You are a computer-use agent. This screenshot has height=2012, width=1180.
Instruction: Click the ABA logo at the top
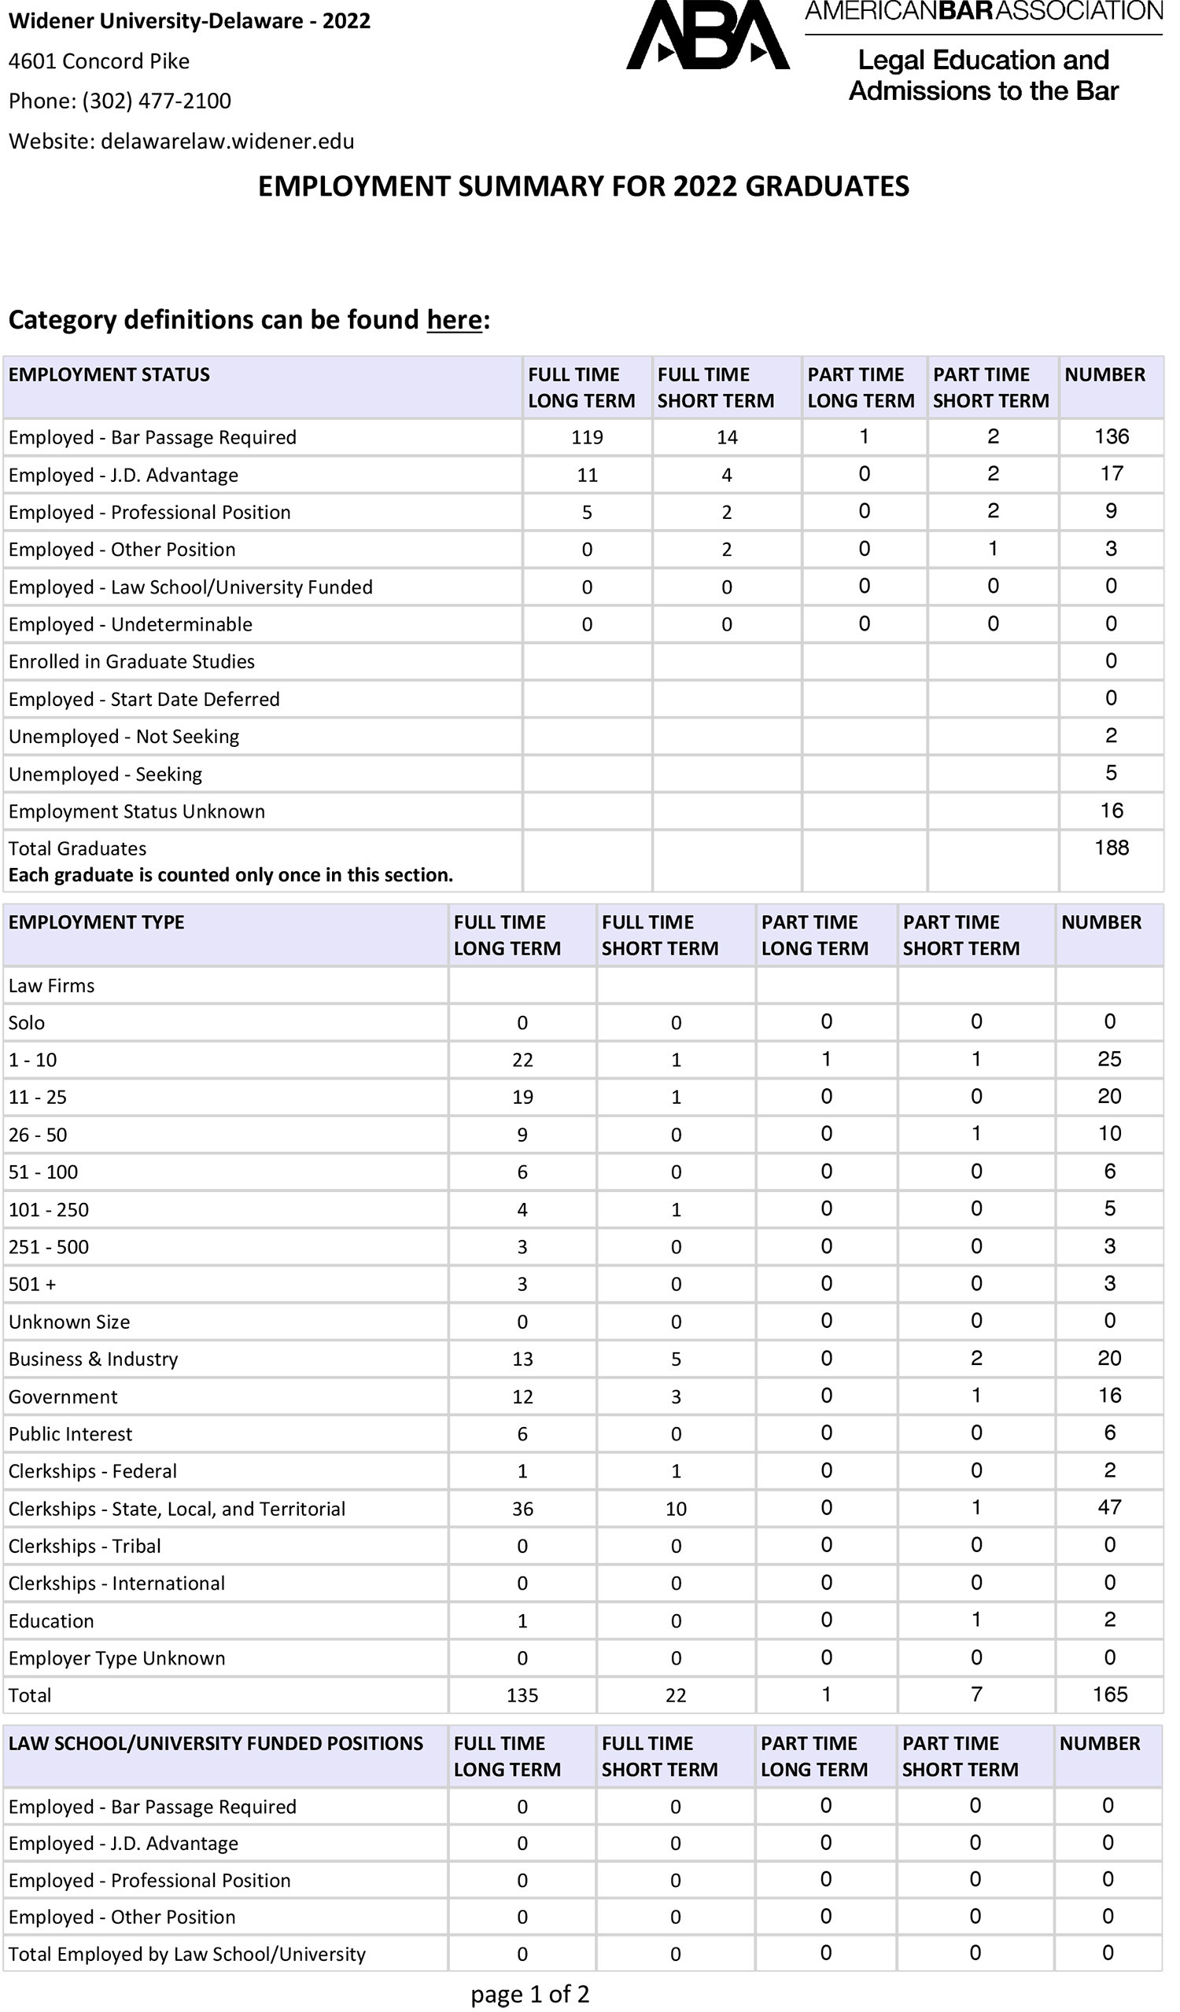[x=707, y=35]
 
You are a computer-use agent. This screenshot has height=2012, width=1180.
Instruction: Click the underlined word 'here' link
[x=454, y=320]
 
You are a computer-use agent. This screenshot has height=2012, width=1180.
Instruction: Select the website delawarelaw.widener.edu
[x=227, y=142]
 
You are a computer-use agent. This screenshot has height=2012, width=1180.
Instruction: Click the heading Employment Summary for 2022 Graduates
[x=583, y=187]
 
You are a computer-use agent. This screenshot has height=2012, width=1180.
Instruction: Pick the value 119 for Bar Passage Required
[x=586, y=437]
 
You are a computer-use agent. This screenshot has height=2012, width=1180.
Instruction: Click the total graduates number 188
[x=1112, y=848]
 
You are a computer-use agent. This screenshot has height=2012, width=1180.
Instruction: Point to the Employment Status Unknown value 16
[x=1112, y=811]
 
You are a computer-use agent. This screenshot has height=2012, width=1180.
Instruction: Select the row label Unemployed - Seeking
[x=105, y=774]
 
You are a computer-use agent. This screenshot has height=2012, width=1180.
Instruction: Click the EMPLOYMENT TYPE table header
[x=97, y=923]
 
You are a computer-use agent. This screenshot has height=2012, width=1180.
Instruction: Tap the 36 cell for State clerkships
[x=522, y=1509]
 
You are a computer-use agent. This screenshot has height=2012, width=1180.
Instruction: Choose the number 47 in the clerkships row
[x=1110, y=1507]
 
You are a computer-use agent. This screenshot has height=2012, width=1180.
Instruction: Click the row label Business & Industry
[x=94, y=1359]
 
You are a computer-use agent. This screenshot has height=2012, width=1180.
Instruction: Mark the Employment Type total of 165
[x=1110, y=1695]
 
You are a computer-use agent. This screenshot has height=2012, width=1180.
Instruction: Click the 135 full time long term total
[x=522, y=1696]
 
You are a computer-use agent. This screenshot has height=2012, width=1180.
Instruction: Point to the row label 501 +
[x=33, y=1285]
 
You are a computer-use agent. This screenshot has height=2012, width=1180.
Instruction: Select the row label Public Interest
[x=70, y=1435]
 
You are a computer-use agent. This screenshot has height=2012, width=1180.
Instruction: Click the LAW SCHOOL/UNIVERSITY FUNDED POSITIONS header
[x=216, y=1744]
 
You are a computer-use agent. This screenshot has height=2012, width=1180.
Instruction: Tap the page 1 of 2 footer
[x=529, y=1995]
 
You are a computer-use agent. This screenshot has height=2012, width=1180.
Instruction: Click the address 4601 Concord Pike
[x=99, y=61]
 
